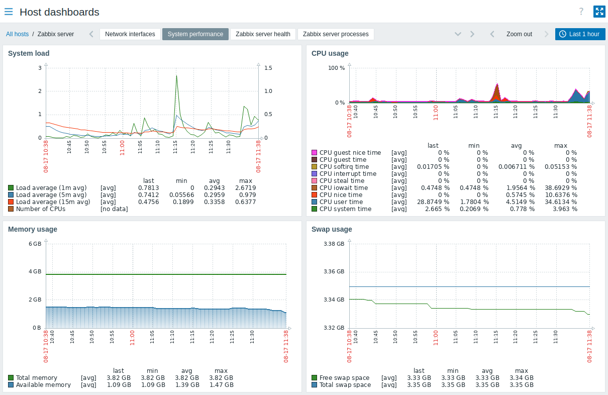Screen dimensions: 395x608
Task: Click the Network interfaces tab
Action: coord(130,34)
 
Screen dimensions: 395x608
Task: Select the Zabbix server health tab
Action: coord(263,34)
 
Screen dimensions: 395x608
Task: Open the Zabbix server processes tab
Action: coord(336,34)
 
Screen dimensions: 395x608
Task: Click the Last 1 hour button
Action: coord(580,34)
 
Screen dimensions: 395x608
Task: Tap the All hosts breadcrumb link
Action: coord(17,34)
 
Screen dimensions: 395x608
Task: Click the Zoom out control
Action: coord(519,34)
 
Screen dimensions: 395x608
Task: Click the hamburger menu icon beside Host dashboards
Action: coord(9,12)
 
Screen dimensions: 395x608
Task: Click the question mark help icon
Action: coord(581,12)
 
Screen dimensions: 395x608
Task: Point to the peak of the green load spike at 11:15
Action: coord(177,76)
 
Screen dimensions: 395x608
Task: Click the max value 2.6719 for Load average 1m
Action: coord(246,188)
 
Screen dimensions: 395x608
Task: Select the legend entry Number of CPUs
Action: coord(41,209)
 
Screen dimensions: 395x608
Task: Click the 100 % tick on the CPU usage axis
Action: coord(336,67)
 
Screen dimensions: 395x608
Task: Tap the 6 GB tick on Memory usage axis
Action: coord(35,244)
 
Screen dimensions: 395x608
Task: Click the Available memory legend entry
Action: coord(43,385)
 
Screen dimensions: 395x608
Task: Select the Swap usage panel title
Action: coord(332,229)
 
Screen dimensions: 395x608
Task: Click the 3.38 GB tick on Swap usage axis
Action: coord(334,244)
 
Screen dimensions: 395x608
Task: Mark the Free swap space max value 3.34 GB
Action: coord(522,378)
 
